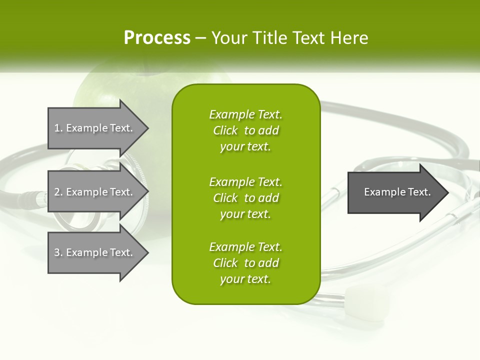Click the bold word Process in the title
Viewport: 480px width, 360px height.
point(157,38)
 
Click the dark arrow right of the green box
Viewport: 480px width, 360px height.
point(395,192)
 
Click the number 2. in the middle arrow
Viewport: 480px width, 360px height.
point(58,192)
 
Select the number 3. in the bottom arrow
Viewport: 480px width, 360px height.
point(58,252)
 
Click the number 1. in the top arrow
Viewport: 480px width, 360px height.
point(58,128)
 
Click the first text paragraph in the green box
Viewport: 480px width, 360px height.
point(245,130)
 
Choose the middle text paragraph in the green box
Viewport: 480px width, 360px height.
point(245,198)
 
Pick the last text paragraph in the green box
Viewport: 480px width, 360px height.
point(245,263)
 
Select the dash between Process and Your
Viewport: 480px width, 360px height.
point(200,38)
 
